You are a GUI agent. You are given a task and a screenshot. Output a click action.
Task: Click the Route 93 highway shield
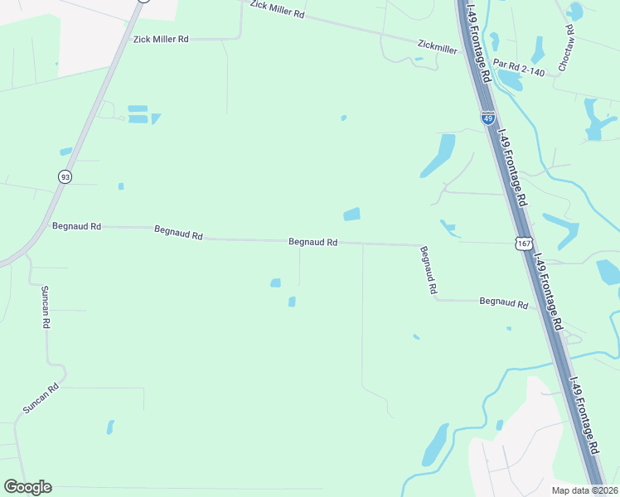coord(65,176)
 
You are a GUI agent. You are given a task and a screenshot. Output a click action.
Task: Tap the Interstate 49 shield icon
coord(488,118)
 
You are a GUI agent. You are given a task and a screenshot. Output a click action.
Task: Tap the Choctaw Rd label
coord(569,50)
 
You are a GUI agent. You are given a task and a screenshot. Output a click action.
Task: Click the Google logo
coord(27,487)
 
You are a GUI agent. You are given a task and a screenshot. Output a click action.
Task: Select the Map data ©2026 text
coord(584,490)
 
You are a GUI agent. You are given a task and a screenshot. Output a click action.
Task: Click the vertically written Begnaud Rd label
coord(428,271)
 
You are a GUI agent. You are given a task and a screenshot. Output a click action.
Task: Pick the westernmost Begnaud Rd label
coord(76,225)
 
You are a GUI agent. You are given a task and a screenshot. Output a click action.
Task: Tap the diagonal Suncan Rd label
coord(41,398)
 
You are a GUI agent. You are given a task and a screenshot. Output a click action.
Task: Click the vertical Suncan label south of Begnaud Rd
coord(46,308)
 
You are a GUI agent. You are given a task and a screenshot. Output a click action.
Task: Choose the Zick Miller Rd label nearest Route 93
coord(161,39)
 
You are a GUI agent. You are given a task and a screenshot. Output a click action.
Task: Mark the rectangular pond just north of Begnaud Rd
coord(351,215)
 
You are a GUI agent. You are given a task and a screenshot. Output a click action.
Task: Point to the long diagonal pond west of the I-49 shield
coord(438,155)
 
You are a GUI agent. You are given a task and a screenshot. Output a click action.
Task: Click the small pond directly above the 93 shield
coord(66,152)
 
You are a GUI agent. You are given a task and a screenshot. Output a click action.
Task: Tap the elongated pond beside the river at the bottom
coord(434,445)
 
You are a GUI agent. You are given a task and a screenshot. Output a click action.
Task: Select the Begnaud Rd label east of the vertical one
coord(504,304)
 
